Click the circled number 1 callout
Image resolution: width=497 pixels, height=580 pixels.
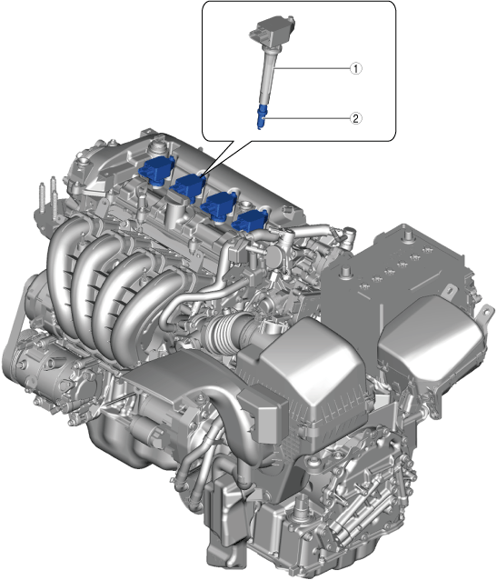(x=356, y=68)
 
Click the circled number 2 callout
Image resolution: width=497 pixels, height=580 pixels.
(x=356, y=118)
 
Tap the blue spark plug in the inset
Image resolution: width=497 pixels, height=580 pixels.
(x=262, y=116)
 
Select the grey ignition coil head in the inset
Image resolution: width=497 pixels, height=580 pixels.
(x=273, y=31)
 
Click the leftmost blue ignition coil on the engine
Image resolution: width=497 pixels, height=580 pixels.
(x=156, y=169)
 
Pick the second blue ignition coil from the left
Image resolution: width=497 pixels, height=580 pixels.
(x=188, y=185)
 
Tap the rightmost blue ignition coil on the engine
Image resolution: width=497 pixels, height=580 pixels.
(x=249, y=222)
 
